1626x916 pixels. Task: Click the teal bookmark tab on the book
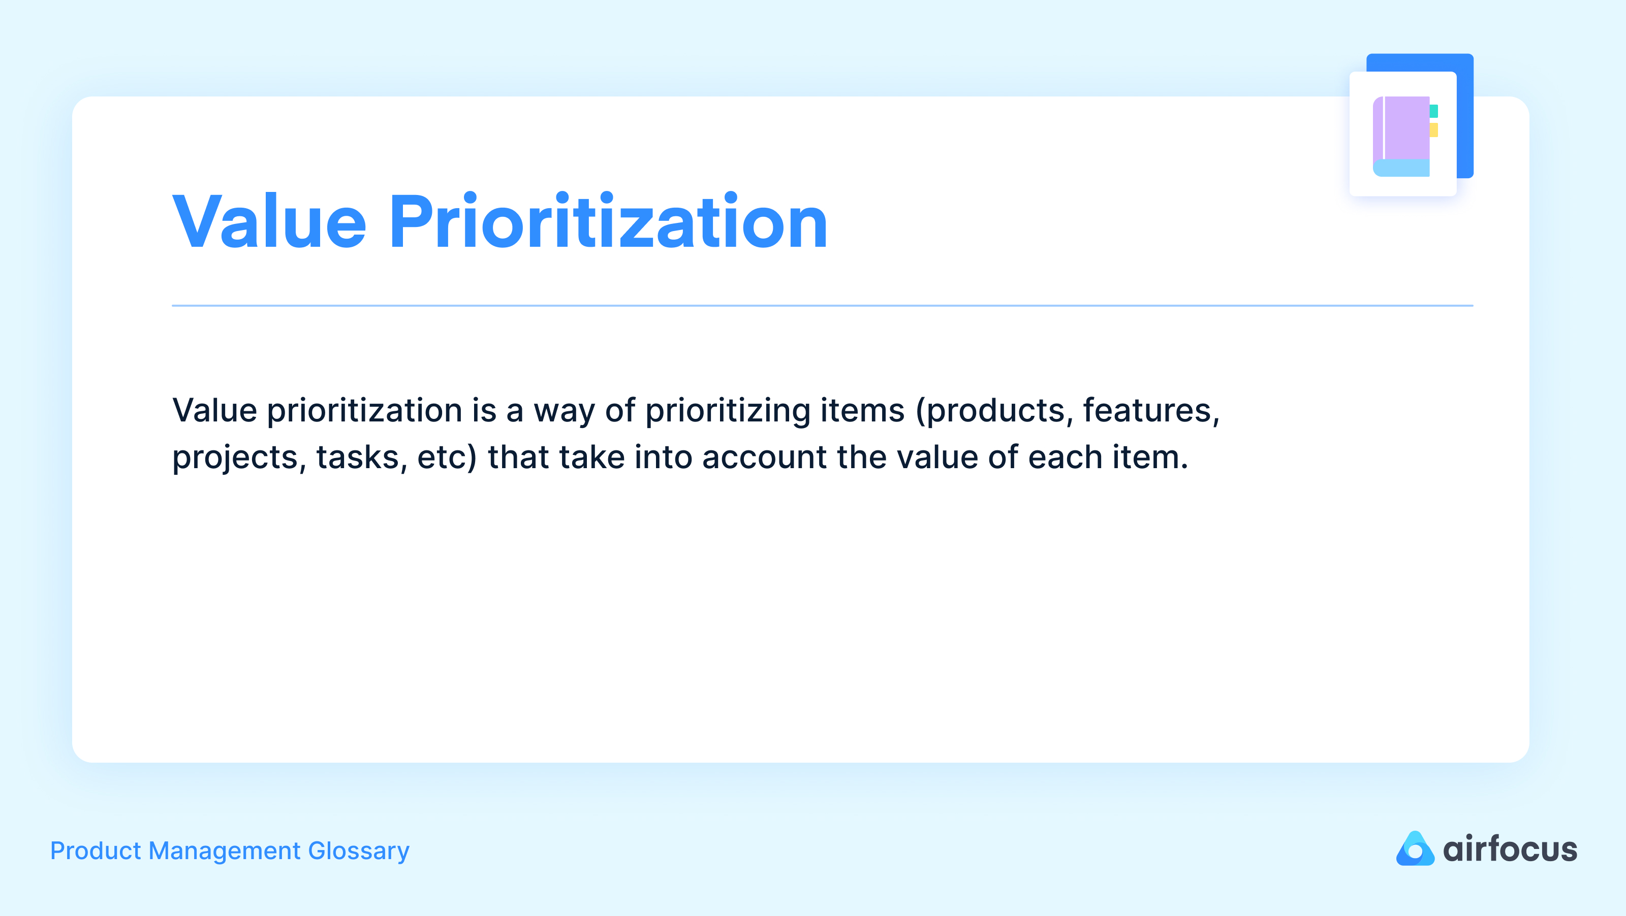1433,111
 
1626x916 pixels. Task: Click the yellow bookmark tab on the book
1433,130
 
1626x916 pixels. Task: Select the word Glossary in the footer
359,851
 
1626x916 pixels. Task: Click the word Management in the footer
225,851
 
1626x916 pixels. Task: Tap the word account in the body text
764,457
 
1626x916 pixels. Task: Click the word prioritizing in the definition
727,411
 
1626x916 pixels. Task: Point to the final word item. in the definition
1150,457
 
